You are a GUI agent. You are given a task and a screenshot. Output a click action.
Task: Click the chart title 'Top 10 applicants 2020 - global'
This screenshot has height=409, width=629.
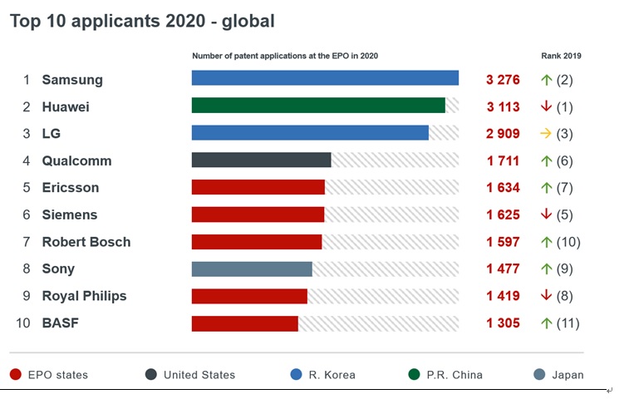coord(142,21)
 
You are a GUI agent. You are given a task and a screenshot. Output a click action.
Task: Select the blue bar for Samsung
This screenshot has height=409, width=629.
coord(325,78)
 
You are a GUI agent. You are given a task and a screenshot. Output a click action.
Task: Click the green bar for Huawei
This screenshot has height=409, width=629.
coord(318,106)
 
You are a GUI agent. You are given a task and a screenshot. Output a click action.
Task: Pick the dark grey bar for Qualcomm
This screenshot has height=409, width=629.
coord(261,160)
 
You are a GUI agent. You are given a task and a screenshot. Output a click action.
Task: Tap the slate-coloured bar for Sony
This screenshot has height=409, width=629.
coord(252,269)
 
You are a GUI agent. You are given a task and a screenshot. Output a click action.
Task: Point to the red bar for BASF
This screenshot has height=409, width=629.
coord(244,323)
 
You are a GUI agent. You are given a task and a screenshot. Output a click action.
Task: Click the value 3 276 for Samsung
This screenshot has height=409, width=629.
coord(503,80)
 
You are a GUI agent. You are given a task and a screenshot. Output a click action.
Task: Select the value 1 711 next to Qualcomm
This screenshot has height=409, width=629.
coord(503,160)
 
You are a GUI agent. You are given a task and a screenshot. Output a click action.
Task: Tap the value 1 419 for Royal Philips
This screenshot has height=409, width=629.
coord(503,296)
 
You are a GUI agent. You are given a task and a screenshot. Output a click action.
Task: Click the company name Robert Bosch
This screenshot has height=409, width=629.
coord(86,242)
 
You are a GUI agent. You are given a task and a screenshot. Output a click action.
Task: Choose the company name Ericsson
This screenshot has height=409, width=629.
coord(71,188)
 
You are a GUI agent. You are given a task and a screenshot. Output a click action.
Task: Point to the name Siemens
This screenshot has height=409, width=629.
coord(70,214)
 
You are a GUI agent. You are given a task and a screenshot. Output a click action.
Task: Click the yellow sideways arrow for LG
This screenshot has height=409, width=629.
coord(545,133)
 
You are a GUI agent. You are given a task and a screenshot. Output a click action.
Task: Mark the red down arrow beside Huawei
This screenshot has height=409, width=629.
coord(546,106)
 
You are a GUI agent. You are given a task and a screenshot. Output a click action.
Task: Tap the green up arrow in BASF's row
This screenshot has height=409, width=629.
coord(546,323)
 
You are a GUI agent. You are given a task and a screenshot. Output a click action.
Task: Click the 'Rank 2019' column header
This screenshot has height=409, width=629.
coord(561,57)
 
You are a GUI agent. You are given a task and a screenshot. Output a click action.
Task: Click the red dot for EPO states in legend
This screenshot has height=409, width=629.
coord(15,375)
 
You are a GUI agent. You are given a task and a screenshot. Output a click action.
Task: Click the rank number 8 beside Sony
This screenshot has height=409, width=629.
coord(27,269)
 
